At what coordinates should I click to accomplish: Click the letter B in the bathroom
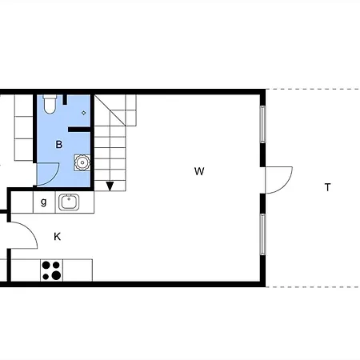59,145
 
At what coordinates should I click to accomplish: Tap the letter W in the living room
199,171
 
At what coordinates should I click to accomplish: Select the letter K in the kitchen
57,237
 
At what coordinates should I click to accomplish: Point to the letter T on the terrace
327,187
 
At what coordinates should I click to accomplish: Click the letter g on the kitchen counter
44,202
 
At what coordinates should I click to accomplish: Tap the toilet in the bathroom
50,104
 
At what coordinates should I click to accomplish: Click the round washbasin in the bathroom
82,162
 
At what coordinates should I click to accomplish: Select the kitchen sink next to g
69,202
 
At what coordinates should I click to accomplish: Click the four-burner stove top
52,270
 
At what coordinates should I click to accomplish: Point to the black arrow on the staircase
110,186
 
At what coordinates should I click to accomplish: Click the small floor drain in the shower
84,113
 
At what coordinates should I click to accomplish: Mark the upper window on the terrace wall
262,124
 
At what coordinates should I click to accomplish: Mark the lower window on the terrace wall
262,234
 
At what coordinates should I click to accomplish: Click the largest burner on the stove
56,275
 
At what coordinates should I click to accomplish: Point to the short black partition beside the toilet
65,99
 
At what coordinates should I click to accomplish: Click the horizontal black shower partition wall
79,130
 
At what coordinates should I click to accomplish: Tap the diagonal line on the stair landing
110,110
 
